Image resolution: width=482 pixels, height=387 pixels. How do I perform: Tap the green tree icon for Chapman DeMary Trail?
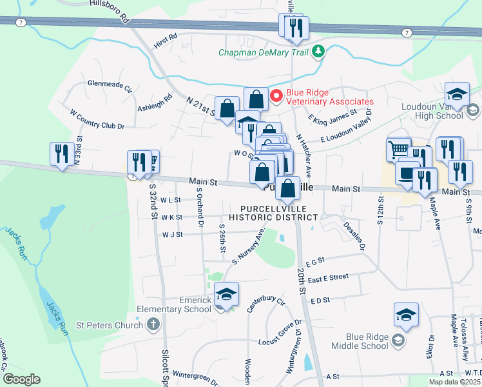click(317, 52)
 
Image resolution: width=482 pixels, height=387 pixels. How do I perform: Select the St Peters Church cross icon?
click(153, 324)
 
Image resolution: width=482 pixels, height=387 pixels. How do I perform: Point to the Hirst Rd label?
click(165, 41)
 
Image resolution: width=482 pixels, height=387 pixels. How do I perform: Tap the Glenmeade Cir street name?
click(110, 86)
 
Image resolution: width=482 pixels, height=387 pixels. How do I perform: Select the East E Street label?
click(328, 277)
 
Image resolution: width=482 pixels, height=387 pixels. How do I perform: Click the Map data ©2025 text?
click(454, 382)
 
